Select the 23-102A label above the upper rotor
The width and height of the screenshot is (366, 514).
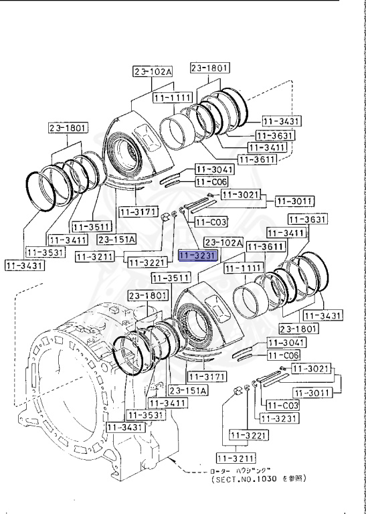pos(153,71)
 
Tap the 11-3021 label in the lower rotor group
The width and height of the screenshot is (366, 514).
pos(310,369)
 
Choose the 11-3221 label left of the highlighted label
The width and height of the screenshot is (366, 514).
pos(143,262)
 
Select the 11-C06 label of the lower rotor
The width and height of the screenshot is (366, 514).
pos(284,355)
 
